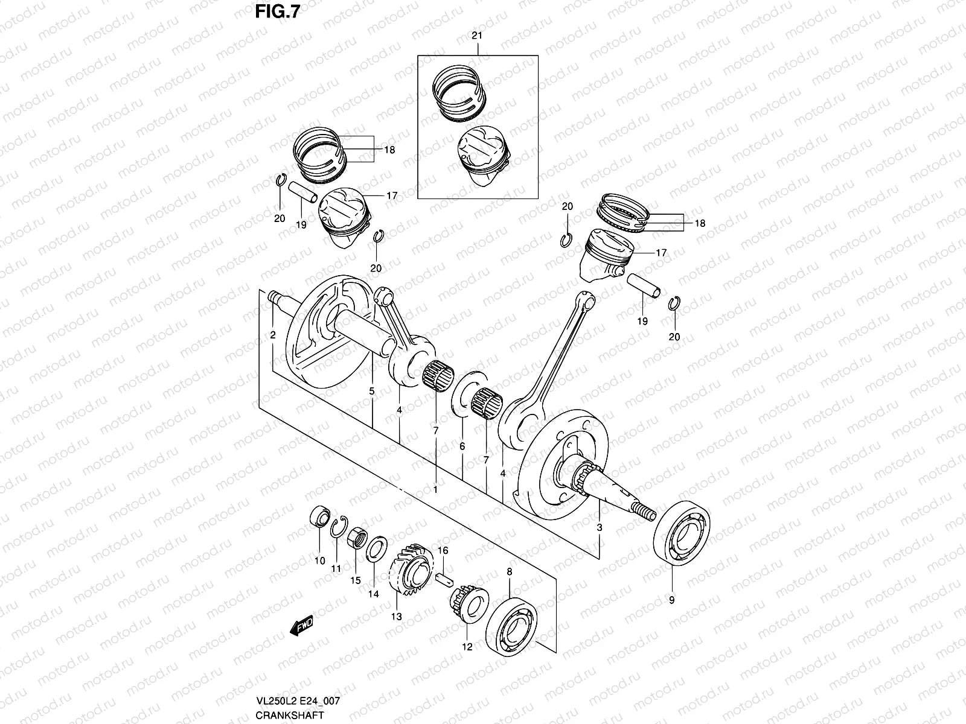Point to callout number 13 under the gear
(x=396, y=616)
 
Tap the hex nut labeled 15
(x=357, y=536)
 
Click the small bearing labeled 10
(x=319, y=518)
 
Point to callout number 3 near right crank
(x=600, y=527)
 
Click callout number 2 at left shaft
(x=273, y=334)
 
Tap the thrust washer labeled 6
(x=465, y=395)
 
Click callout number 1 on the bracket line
(x=435, y=490)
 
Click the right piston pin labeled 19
(x=645, y=287)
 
